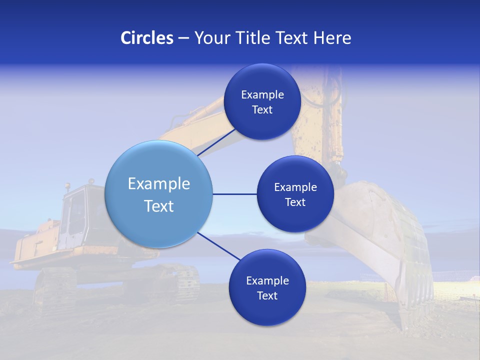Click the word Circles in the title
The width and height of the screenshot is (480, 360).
(147, 38)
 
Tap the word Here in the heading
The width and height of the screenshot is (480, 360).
(332, 38)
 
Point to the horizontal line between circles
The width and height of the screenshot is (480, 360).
(234, 194)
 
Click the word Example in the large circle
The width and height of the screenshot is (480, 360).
(159, 184)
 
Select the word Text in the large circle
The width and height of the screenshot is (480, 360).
(159, 206)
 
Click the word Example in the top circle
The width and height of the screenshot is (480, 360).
(262, 95)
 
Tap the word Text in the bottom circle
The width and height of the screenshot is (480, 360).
(267, 295)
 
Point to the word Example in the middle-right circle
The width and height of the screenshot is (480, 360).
(295, 187)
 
